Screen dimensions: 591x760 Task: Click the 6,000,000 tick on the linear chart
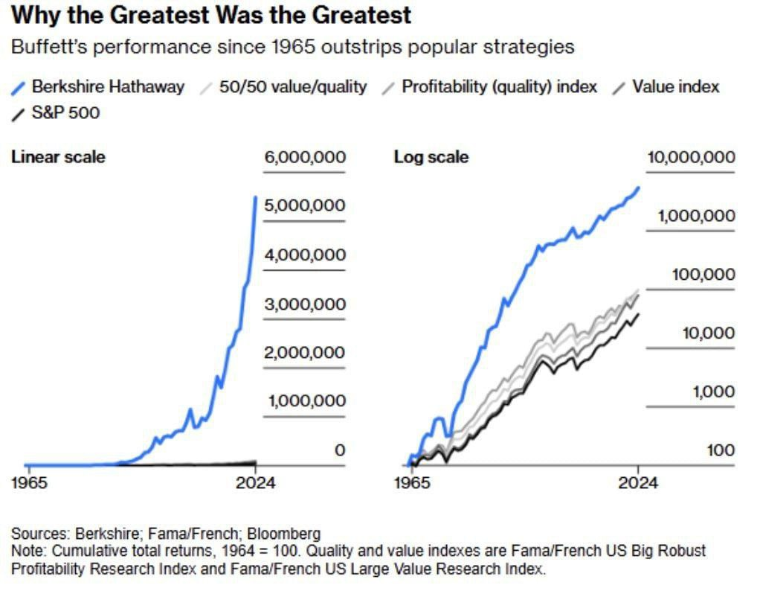(306, 157)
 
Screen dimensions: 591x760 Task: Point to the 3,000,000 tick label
(306, 304)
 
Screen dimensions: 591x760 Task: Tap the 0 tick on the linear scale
(339, 450)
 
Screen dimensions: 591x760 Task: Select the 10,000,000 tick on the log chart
(691, 157)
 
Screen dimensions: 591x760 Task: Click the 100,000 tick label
(703, 275)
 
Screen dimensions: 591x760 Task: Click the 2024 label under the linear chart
(255, 482)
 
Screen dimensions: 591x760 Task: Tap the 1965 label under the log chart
(411, 482)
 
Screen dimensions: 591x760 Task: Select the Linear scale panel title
(58, 157)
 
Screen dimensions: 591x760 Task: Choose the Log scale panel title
(431, 157)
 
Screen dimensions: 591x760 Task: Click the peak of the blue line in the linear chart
(257, 197)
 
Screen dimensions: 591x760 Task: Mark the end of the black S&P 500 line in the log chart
(638, 313)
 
